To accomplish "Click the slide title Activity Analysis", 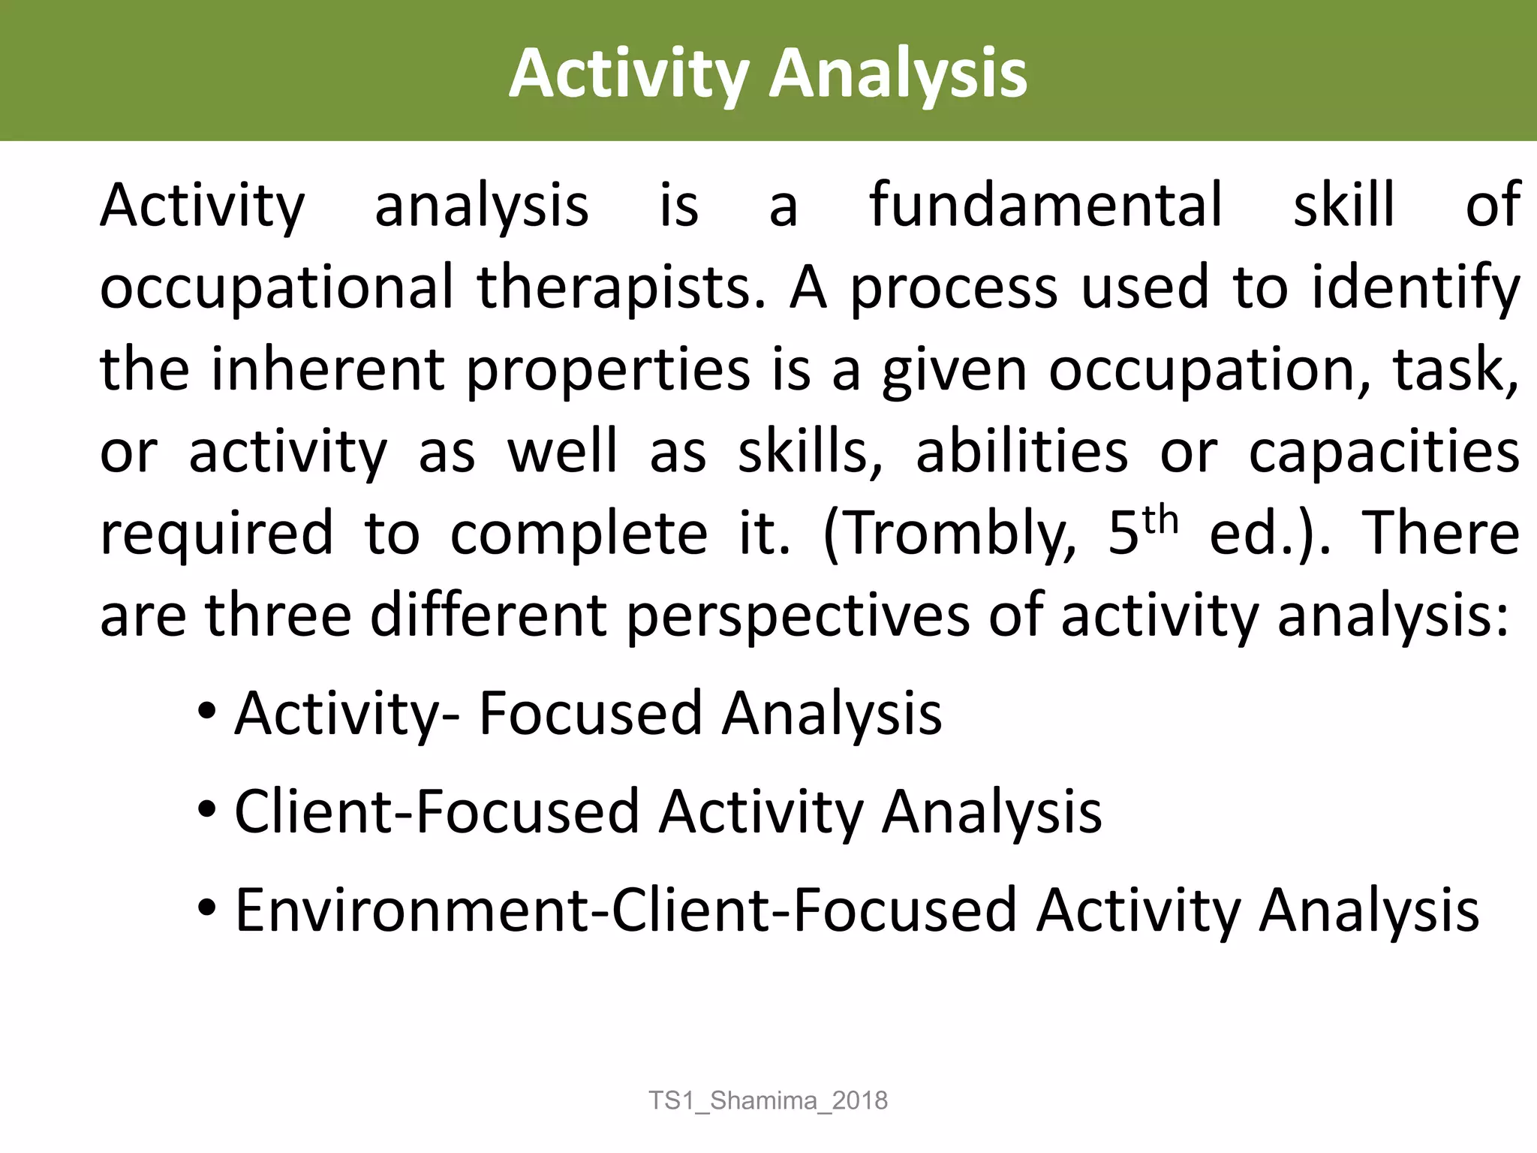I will click(x=768, y=74).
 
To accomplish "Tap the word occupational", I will click(x=277, y=287).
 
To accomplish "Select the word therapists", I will click(x=621, y=287).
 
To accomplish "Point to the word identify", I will click(x=1415, y=287).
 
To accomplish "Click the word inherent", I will click(x=329, y=369).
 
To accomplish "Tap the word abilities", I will click(x=1021, y=452).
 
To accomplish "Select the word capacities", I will click(x=1384, y=453).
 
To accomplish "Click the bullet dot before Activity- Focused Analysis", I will click(x=207, y=710).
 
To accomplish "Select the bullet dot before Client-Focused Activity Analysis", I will click(x=207, y=809).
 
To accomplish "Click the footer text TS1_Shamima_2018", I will click(x=768, y=1100).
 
